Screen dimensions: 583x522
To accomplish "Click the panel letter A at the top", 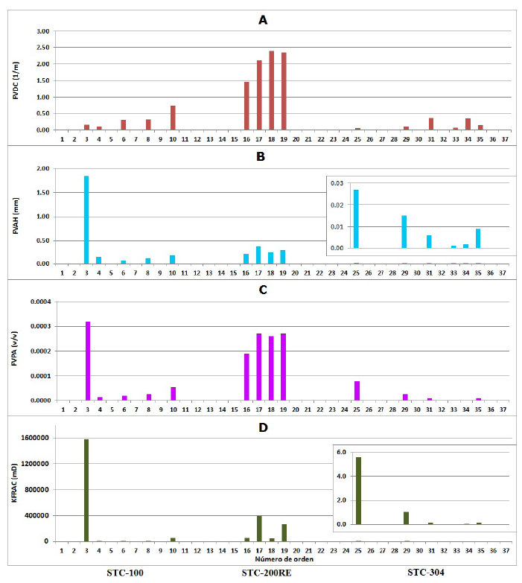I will [x=262, y=20].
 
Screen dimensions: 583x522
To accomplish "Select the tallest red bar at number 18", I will [x=271, y=90].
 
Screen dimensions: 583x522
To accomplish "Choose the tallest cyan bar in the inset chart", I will [x=356, y=218].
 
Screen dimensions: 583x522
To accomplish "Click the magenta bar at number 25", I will [x=357, y=391].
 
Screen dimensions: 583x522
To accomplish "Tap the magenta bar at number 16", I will [x=246, y=377].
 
